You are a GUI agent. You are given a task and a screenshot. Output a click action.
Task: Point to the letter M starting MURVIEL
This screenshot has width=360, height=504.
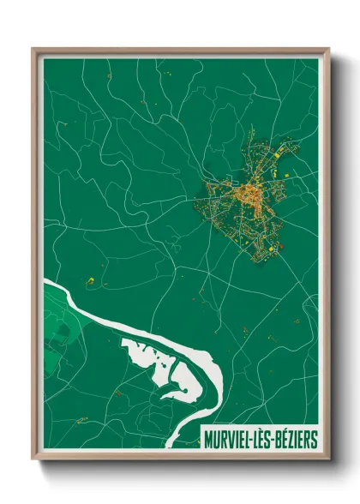208,440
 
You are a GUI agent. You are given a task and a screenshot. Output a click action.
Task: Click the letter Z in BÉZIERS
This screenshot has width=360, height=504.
296,440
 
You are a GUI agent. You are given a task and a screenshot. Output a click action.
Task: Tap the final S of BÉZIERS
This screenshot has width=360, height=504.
315,440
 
